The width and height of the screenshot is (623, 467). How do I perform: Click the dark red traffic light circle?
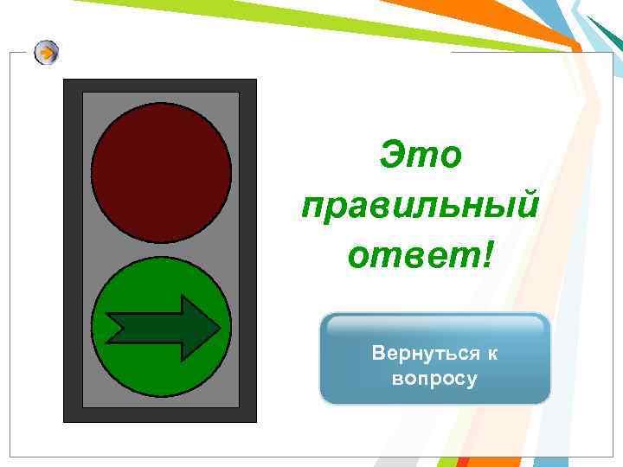161,173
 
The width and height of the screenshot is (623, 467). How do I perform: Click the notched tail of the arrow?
112,327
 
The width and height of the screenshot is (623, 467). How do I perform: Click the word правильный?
421,207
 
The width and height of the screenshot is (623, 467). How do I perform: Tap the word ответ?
421,255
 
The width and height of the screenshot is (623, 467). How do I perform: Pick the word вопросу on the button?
434,379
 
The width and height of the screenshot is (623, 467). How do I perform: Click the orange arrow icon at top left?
48,54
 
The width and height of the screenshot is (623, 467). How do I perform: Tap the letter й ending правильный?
527,206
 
